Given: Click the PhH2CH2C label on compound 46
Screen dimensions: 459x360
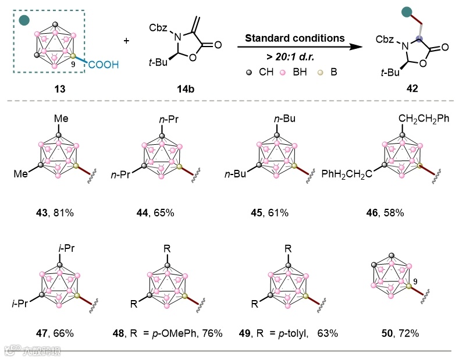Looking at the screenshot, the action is point(347,173).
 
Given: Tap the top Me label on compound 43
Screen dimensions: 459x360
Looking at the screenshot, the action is point(61,120).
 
